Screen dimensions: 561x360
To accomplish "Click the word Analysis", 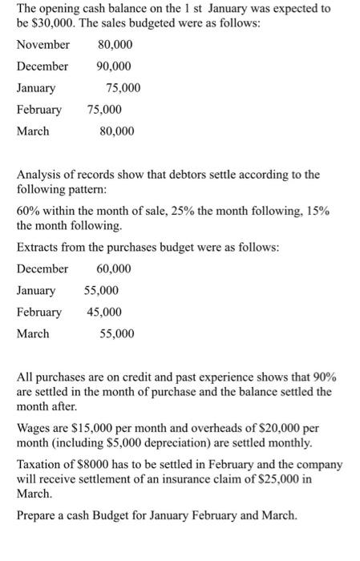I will pyautogui.click(x=39, y=174).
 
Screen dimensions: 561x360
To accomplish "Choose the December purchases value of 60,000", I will pyautogui.click(x=113, y=268).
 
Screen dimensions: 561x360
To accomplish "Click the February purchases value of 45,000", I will pyautogui.click(x=104, y=312).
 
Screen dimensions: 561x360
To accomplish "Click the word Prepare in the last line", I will pyautogui.click(x=38, y=515).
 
